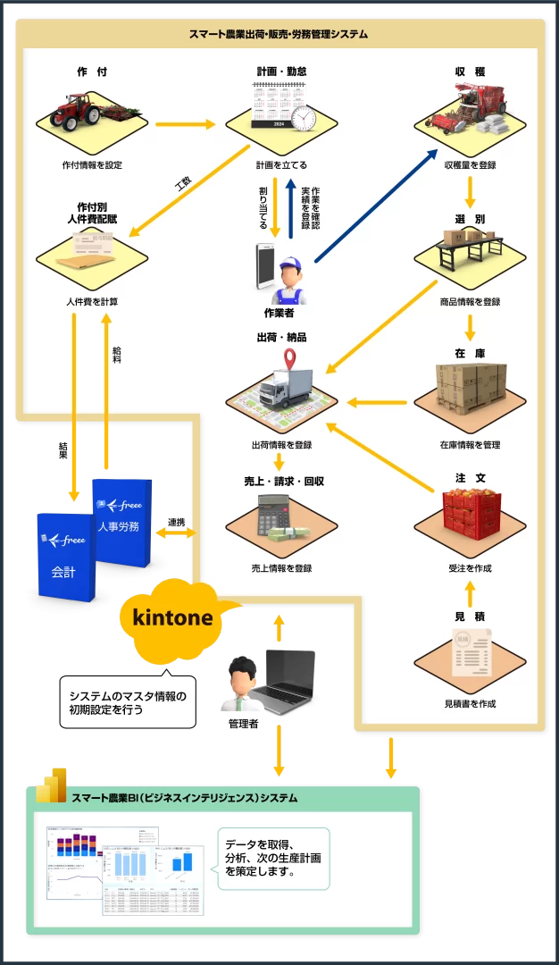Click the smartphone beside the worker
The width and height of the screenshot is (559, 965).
click(x=266, y=266)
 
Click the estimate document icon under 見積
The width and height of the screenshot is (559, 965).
click(x=470, y=651)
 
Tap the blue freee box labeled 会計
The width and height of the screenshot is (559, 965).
click(x=64, y=556)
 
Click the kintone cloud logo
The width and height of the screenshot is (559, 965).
click(x=173, y=618)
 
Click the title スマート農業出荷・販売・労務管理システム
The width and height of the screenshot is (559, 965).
click(x=279, y=34)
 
